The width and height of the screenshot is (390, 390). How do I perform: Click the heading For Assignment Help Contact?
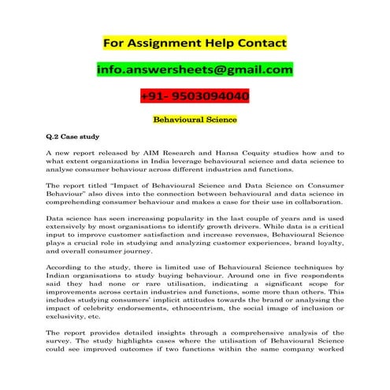coord(195,42)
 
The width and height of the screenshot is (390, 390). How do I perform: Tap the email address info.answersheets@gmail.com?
coord(195,70)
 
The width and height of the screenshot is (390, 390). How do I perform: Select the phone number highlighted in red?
coord(195,97)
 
